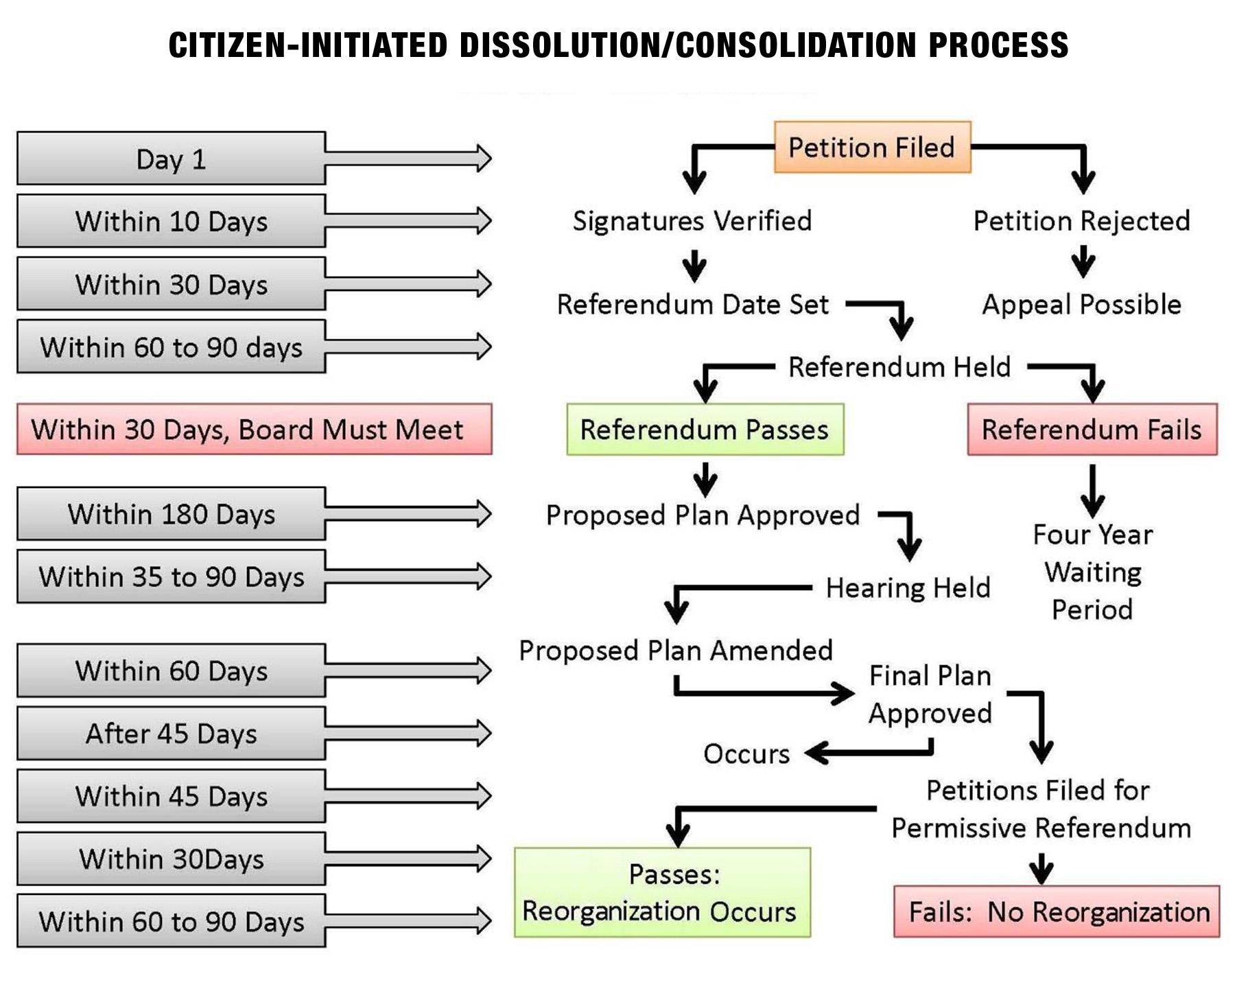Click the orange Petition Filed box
tap(872, 147)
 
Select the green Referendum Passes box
tap(705, 430)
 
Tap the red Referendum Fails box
tap(1092, 430)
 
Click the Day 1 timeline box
tap(171, 159)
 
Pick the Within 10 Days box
tap(171, 221)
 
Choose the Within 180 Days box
tap(171, 513)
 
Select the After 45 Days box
tap(171, 733)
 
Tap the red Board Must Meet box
tap(254, 430)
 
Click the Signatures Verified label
tap(692, 221)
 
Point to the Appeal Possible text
tap(1081, 304)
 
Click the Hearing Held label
tap(908, 587)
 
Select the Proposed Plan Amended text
tap(676, 650)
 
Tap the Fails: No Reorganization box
tap(1057, 911)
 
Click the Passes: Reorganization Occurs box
tap(662, 892)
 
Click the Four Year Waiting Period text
tap(1092, 572)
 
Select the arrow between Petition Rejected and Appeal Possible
tap(1083, 261)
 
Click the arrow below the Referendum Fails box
tap(1092, 490)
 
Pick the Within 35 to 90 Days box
tap(171, 576)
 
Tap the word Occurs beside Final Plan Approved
tap(746, 754)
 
